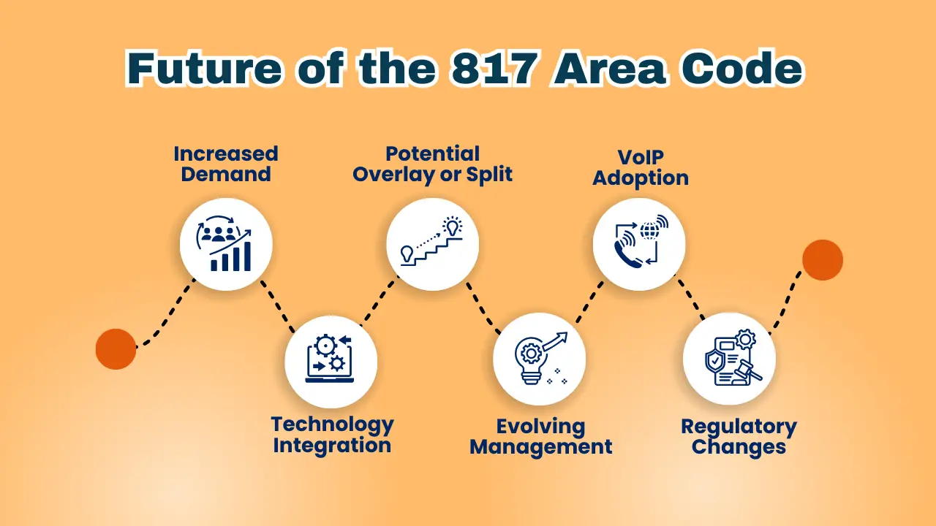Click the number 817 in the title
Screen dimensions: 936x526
click(x=494, y=68)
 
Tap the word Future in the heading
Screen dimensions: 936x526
click(x=204, y=68)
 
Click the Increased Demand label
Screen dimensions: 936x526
click(x=226, y=164)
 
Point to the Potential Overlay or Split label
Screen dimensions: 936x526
click(x=432, y=164)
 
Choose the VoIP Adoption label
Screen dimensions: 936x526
click(x=641, y=168)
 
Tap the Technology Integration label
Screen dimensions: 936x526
click(x=333, y=435)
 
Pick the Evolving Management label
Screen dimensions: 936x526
click(x=541, y=437)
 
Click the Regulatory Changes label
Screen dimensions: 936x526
click(x=739, y=437)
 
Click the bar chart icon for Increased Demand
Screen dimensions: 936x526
click(x=230, y=256)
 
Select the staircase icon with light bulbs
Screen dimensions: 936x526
click(x=431, y=241)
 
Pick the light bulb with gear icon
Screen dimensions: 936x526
click(x=531, y=360)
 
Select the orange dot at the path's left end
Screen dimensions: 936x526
click(x=116, y=349)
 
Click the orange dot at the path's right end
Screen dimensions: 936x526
click(x=823, y=259)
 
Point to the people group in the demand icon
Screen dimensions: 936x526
click(x=219, y=235)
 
